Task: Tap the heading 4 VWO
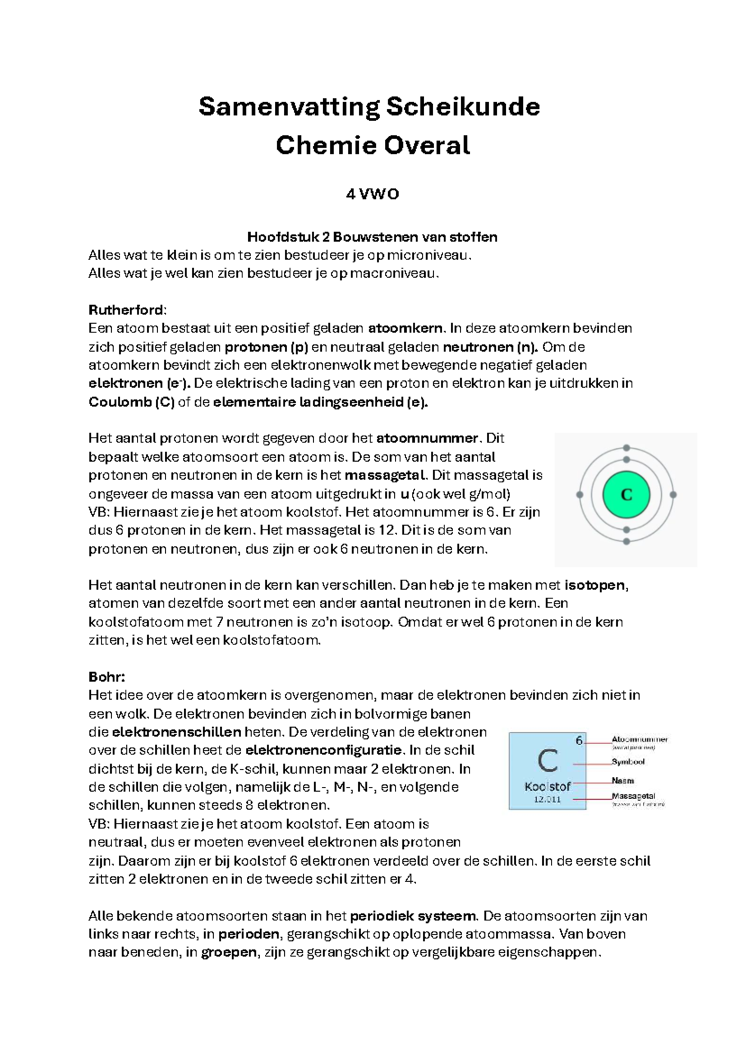(x=372, y=195)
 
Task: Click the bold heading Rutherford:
(x=127, y=310)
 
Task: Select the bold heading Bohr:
(x=107, y=677)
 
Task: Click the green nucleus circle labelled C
(x=626, y=495)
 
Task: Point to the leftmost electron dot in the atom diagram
(x=580, y=495)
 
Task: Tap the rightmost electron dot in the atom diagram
(x=673, y=495)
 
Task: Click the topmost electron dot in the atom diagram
(x=627, y=448)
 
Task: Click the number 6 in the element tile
(x=579, y=740)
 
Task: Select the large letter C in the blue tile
(x=547, y=761)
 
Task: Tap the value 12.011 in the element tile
(x=547, y=799)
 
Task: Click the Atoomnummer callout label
(x=639, y=740)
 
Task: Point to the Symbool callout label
(x=628, y=761)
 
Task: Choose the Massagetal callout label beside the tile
(x=633, y=796)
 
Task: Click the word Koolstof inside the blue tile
(x=547, y=786)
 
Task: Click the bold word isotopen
(x=596, y=585)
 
